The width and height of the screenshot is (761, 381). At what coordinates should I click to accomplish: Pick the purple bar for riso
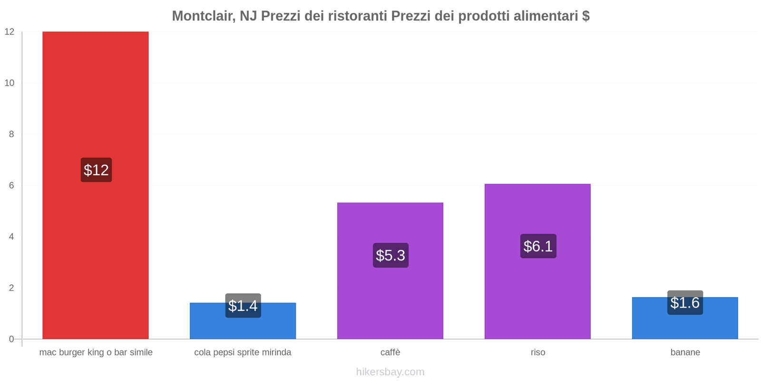coord(537,295)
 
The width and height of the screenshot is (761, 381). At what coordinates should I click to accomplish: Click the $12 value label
coord(96,170)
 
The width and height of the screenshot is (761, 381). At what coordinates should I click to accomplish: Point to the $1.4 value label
coord(243,306)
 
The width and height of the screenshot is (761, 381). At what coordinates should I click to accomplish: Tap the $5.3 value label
coord(390,255)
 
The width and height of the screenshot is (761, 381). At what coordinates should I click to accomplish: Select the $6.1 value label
coord(538,246)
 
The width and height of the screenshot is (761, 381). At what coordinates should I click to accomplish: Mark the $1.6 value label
coord(685,302)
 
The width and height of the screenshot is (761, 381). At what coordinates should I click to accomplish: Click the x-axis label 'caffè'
coord(390,352)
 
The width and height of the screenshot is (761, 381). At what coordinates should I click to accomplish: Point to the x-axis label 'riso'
coord(538,352)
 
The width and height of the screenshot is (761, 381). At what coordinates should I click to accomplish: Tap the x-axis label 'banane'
coord(685,352)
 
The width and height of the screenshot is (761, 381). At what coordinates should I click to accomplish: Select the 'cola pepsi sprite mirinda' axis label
coord(243,352)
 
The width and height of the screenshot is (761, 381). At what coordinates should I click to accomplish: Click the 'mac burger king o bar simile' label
coord(96,352)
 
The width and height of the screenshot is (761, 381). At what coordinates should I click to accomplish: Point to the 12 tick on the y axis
coord(10,32)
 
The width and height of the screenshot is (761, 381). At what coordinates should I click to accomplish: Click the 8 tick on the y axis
coord(11,134)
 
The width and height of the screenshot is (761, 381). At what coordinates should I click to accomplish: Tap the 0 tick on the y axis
coord(11,339)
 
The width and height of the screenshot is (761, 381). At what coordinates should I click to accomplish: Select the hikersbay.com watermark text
coord(390,372)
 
